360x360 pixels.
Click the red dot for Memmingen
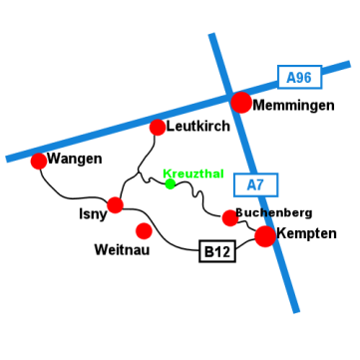tap(241, 103)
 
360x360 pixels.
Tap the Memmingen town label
tap(293, 106)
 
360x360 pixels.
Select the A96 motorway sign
tap(300, 77)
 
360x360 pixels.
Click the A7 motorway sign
tap(256, 184)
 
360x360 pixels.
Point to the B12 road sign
tap(217, 251)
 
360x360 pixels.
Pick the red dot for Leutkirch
tap(158, 128)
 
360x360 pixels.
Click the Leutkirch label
tap(198, 127)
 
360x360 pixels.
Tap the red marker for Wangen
tap(39, 161)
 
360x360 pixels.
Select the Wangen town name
tap(75, 160)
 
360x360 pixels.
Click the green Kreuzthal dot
tap(171, 183)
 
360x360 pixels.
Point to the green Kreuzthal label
tap(193, 174)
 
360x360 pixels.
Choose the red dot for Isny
tap(115, 204)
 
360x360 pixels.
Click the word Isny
tap(93, 214)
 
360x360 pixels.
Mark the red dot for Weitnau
tap(144, 230)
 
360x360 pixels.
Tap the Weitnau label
tap(122, 250)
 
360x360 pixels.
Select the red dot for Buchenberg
tap(230, 218)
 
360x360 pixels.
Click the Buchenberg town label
tap(273, 213)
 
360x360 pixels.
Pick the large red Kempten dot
tap(265, 236)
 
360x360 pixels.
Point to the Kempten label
tap(306, 233)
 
